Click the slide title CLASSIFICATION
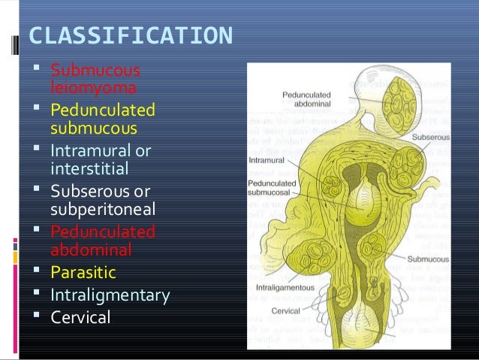[x=130, y=36]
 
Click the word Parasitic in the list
[x=83, y=270]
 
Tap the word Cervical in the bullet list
[x=80, y=317]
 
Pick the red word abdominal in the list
[x=90, y=249]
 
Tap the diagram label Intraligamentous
[x=282, y=286]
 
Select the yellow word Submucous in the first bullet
[x=95, y=72]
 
